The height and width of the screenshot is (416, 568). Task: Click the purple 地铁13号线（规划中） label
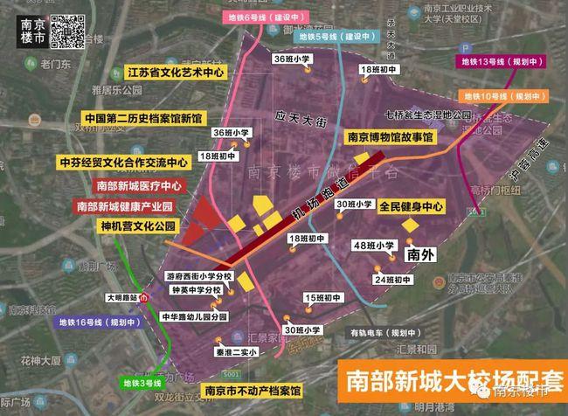click(x=501, y=61)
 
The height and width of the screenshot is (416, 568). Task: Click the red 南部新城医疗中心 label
click(x=139, y=185)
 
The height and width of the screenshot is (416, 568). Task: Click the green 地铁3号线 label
click(x=144, y=382)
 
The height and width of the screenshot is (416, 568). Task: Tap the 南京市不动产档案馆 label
click(x=250, y=390)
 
